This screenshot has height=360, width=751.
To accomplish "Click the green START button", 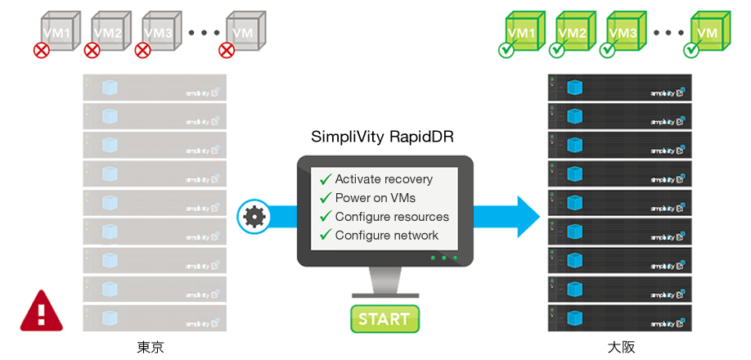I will [384, 318].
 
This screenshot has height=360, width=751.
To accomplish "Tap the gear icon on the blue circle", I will [254, 217].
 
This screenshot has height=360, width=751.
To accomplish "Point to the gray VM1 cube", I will [57, 30].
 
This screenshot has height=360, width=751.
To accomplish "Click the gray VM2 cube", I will [108, 30].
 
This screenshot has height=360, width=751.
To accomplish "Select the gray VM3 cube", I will [158, 30].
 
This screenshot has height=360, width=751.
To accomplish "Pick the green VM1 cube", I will [522, 30].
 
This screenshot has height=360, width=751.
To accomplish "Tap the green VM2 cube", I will [572, 30].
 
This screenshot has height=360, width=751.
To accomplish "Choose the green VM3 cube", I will [623, 30].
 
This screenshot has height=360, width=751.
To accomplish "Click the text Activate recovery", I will [384, 179].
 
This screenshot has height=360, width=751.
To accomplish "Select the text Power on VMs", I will [375, 198].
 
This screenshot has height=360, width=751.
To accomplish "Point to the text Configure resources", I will [392, 217].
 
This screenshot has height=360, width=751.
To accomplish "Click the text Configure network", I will [387, 236].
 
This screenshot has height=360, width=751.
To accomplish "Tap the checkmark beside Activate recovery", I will [326, 179].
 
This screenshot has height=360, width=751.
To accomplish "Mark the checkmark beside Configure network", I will [326, 236].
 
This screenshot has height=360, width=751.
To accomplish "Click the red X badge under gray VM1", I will [41, 50].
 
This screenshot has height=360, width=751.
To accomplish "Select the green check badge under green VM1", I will [506, 50].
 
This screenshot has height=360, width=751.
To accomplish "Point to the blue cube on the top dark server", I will [574, 86].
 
